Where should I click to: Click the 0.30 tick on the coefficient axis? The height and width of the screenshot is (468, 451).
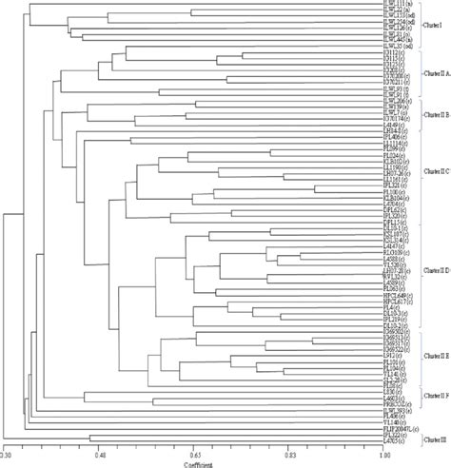tap(7, 456)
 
